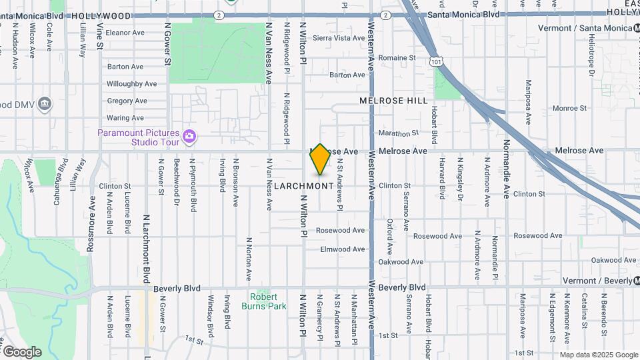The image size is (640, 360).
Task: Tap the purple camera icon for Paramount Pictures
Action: coord(189,136)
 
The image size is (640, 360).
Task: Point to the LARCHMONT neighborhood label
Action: coord(303,186)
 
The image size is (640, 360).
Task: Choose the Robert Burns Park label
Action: coord(268,301)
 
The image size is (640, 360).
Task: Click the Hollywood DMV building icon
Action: coord(45,103)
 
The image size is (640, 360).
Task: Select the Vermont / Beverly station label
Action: coord(597,281)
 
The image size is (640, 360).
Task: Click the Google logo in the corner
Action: coord(21,351)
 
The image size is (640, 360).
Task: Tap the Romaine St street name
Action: coord(397,58)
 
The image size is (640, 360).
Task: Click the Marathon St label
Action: coord(398,133)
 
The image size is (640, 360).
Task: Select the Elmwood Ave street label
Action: coord(343,249)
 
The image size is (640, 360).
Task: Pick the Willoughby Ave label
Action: coord(132,84)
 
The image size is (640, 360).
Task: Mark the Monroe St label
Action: coord(569,108)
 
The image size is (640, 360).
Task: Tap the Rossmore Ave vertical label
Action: coord(91,227)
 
